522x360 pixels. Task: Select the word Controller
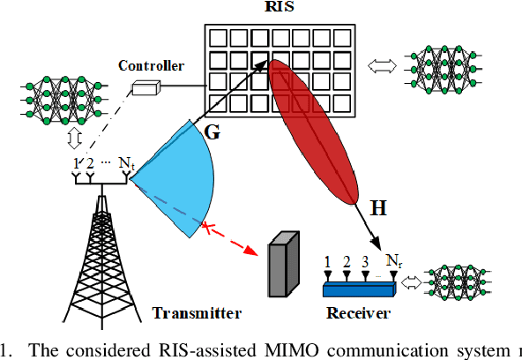coord(151,65)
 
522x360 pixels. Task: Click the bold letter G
coord(213,131)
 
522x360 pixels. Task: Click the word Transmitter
coord(197,313)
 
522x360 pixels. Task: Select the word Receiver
coord(358,313)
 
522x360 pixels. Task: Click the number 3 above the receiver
coord(364,262)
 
